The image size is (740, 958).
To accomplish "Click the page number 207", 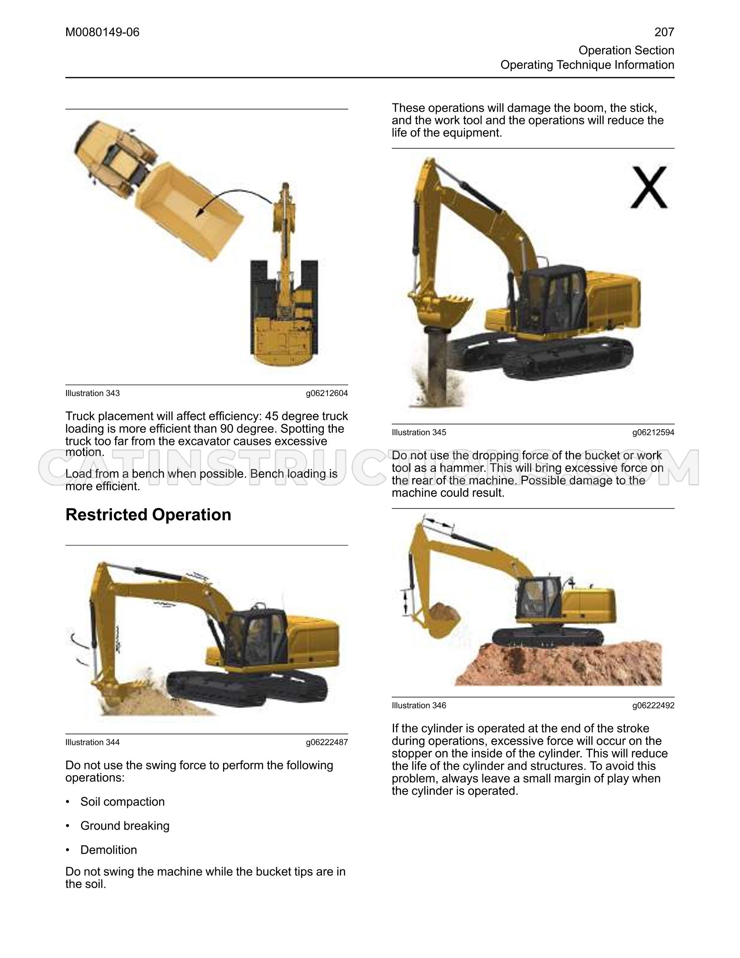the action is [664, 32].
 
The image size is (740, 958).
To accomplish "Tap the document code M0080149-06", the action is [102, 32].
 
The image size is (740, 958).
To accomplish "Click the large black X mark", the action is [649, 187].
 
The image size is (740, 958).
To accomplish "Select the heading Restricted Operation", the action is [148, 515].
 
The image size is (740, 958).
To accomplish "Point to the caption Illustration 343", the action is [92, 393].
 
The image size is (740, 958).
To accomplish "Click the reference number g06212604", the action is [327, 393].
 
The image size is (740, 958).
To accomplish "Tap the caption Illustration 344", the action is [92, 742].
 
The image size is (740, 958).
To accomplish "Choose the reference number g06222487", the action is [327, 742].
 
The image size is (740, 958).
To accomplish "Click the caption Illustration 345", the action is [419, 432].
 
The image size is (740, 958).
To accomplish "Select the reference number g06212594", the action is [653, 432].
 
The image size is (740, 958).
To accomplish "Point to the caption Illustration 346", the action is [419, 705].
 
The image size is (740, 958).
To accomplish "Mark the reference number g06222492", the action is [653, 705].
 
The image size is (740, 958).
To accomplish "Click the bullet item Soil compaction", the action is [122, 802].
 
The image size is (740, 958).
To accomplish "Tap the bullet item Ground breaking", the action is [125, 826].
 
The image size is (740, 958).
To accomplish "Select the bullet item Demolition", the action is [108, 850].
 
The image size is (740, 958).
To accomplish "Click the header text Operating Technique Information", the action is [587, 65].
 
